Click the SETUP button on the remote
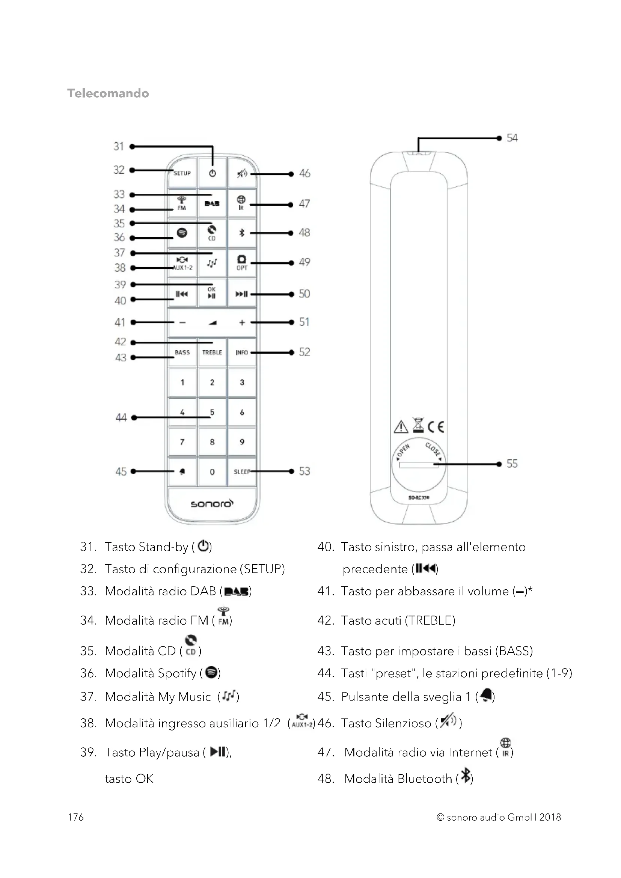[182, 173]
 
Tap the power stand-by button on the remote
[213, 173]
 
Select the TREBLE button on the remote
[212, 352]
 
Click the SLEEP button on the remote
[242, 471]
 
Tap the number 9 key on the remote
[242, 442]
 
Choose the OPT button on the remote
[242, 263]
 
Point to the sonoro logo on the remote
[212, 504]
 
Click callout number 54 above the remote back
[512, 138]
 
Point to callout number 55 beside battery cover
[512, 464]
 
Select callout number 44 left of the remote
[121, 417]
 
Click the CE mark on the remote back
[436, 426]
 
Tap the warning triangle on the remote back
[401, 426]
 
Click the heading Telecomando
[108, 93]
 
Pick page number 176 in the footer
[76, 817]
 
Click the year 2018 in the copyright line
[550, 817]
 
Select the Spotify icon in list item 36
[211, 672]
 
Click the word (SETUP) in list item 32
[262, 569]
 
